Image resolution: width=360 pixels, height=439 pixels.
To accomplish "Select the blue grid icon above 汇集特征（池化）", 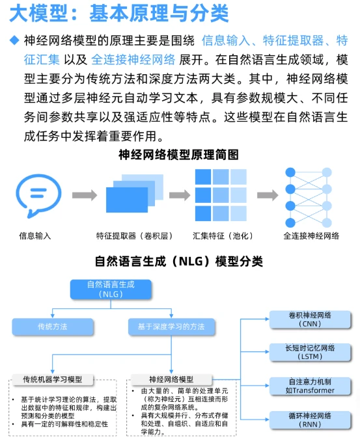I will [x=220, y=194].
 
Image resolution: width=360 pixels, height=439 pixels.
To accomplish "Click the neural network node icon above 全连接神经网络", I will [x=311, y=194].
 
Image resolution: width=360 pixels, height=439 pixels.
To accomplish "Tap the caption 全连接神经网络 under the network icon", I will [x=311, y=235].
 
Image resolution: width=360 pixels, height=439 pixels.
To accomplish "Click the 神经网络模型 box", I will [x=171, y=379].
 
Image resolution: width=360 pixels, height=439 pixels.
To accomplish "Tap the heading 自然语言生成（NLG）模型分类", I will [x=179, y=261].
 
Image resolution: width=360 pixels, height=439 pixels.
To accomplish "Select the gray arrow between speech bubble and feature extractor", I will [x=84, y=195].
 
